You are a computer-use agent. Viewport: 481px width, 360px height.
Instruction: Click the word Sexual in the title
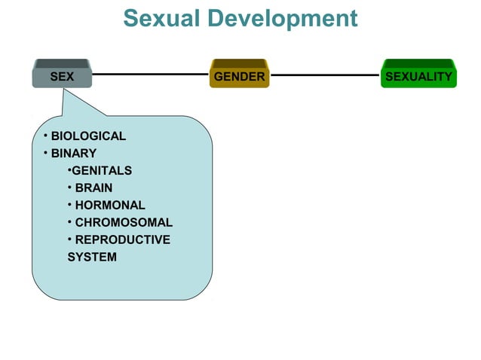click(x=159, y=18)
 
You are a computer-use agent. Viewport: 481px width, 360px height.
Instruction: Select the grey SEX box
click(x=62, y=76)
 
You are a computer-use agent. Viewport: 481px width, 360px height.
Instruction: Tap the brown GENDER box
click(x=239, y=76)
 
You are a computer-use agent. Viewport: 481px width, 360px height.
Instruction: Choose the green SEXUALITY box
click(x=418, y=76)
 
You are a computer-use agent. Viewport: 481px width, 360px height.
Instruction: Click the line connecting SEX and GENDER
click(x=151, y=75)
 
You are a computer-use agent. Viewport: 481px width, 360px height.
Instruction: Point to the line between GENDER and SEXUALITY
click(x=324, y=75)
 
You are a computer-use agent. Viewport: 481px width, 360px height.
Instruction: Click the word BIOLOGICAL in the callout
click(x=88, y=136)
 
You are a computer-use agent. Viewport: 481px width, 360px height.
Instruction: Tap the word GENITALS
click(x=102, y=171)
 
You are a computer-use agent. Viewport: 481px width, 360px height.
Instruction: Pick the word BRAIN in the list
click(x=93, y=188)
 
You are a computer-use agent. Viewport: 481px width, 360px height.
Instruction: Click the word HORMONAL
click(x=110, y=205)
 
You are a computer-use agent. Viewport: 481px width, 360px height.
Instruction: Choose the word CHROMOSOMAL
click(x=124, y=223)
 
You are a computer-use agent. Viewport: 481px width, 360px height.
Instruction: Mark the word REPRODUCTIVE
click(x=122, y=240)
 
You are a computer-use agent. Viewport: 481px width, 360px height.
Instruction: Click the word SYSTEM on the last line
click(x=92, y=258)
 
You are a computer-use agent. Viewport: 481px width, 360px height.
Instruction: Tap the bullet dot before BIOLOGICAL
click(x=45, y=136)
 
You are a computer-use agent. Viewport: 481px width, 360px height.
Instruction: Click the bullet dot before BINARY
click(x=45, y=154)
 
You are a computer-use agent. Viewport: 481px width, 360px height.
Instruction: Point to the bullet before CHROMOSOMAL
click(x=69, y=222)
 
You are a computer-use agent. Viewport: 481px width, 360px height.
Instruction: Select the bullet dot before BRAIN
click(x=69, y=188)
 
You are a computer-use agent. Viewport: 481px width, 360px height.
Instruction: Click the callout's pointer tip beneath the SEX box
click(x=66, y=90)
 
